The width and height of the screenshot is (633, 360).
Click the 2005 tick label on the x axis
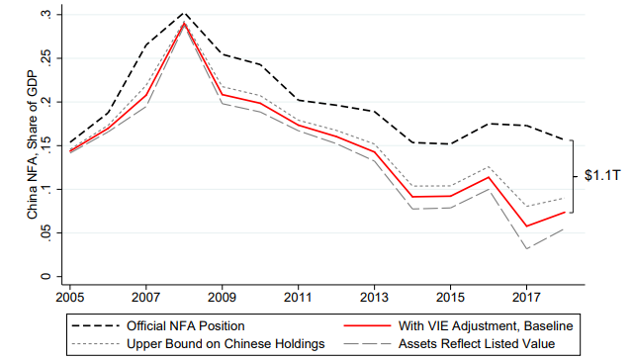click(70, 298)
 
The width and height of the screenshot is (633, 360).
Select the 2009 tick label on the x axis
click(222, 298)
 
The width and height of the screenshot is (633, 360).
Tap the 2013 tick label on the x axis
click(374, 298)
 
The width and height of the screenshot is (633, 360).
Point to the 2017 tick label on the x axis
click(526, 298)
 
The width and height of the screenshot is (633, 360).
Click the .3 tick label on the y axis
click(45, 15)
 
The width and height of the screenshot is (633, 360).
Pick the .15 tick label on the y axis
click(45, 146)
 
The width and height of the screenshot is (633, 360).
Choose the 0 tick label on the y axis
click(45, 277)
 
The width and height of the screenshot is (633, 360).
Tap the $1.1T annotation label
click(602, 176)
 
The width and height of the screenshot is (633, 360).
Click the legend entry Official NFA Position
click(186, 325)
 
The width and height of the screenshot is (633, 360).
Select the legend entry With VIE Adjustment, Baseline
click(486, 325)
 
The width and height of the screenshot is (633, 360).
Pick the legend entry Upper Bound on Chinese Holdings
click(226, 343)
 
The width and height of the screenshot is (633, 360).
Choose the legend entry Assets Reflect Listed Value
click(477, 343)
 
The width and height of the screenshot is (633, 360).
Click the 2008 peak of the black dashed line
click(185, 13)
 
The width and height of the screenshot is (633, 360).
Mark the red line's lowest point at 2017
click(527, 226)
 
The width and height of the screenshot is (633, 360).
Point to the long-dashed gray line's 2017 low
click(527, 248)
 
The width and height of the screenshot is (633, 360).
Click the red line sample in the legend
click(367, 325)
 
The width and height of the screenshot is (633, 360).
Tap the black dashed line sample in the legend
click(96, 325)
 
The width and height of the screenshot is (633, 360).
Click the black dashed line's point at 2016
click(489, 124)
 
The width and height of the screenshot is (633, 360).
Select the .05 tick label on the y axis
click(45, 233)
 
